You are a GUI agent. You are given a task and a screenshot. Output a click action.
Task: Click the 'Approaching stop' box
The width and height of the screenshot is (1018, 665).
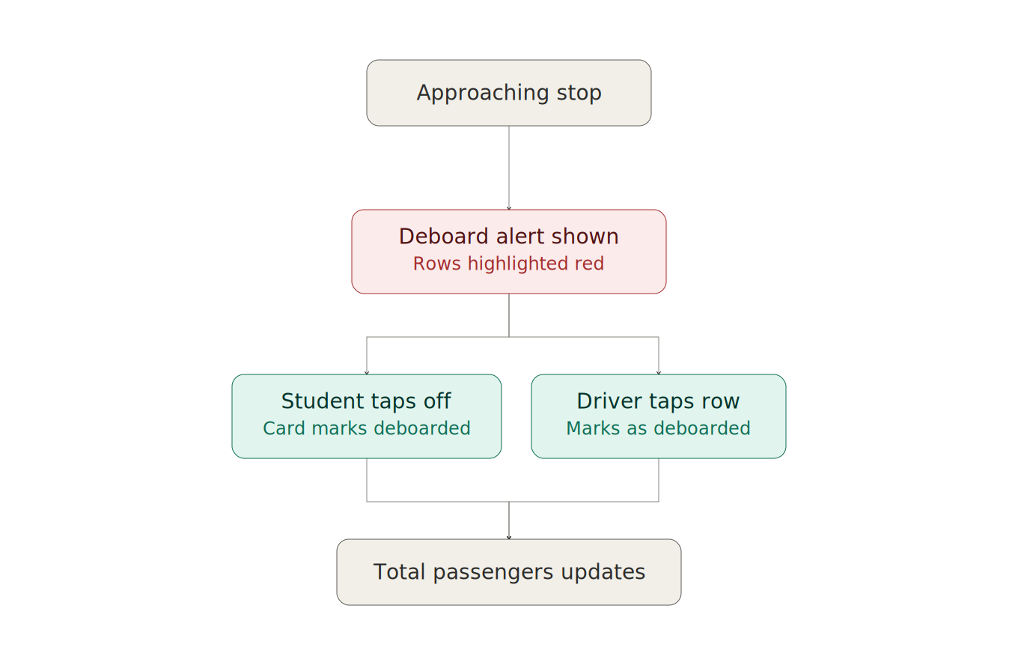click(x=508, y=93)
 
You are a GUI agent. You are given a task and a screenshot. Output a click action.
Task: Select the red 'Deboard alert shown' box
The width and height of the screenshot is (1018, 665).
click(x=508, y=252)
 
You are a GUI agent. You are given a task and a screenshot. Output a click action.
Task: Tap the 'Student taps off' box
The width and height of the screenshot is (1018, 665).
click(x=366, y=416)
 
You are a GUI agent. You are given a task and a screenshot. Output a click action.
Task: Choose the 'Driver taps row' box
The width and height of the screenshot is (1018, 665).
click(x=658, y=416)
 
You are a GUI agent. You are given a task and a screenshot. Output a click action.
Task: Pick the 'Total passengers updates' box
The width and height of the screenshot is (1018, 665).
click(x=508, y=572)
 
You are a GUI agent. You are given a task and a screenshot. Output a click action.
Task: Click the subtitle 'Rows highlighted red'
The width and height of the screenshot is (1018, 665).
click(x=508, y=264)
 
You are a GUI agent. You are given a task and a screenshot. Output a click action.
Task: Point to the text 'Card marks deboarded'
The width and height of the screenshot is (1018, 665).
click(x=366, y=428)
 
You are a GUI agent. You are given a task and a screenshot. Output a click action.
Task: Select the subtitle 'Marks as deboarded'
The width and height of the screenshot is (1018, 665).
click(x=658, y=428)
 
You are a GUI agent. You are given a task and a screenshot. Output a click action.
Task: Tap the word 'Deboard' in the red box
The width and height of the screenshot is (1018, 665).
click(x=444, y=237)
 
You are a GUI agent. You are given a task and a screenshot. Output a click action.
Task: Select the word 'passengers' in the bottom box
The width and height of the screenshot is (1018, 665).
click(x=493, y=573)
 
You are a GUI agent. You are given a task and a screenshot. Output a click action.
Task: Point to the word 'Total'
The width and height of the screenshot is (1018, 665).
click(x=399, y=571)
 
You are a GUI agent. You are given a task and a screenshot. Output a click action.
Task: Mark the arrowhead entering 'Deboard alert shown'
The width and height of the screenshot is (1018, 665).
click(x=509, y=208)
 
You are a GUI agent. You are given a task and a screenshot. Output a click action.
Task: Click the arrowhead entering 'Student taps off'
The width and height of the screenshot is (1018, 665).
click(x=367, y=373)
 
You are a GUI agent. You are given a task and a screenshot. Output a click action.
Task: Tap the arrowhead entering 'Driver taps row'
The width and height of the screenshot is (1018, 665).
click(x=659, y=373)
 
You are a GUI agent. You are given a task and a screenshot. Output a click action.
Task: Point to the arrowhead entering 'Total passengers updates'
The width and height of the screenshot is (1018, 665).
click(x=509, y=538)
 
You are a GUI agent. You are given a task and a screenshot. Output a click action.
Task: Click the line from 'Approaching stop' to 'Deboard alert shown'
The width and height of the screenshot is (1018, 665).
click(x=509, y=168)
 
